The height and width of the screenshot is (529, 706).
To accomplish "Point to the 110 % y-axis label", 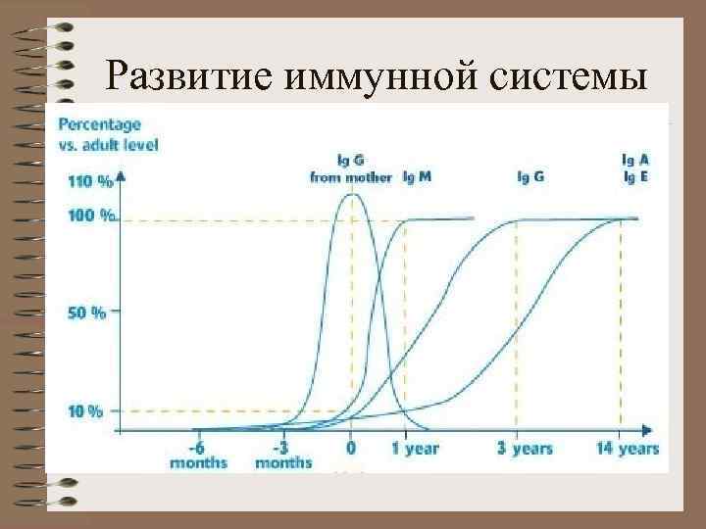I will click(x=87, y=180).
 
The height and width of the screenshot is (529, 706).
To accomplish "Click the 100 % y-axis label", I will click(x=87, y=216).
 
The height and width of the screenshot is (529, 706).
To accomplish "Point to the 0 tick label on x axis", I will click(x=351, y=449).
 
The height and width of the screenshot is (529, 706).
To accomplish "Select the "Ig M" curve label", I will click(x=417, y=177).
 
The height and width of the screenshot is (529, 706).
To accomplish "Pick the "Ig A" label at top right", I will click(x=635, y=158).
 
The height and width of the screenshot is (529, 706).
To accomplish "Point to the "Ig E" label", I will click(x=635, y=176).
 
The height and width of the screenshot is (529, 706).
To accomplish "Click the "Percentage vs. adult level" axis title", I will click(x=108, y=134).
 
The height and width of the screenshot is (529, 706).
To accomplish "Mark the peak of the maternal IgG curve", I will click(x=351, y=194).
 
